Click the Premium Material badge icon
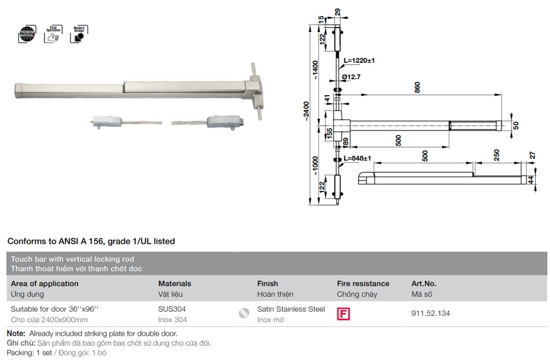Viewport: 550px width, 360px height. (26, 34)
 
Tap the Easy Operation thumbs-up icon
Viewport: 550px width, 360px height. (53, 34)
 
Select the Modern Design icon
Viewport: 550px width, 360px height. (79, 34)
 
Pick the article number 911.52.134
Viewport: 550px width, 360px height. (431, 313)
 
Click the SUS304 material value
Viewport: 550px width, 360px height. (172, 309)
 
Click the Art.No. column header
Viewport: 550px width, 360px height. (424, 283)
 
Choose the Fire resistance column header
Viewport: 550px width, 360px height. (363, 283)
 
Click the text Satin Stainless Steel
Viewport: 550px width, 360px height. (291, 309)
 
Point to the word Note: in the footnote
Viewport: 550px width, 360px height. (16, 334)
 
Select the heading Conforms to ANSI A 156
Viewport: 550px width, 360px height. (91, 241)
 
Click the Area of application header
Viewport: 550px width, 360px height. (45, 283)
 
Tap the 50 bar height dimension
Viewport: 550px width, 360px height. (516, 126)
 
